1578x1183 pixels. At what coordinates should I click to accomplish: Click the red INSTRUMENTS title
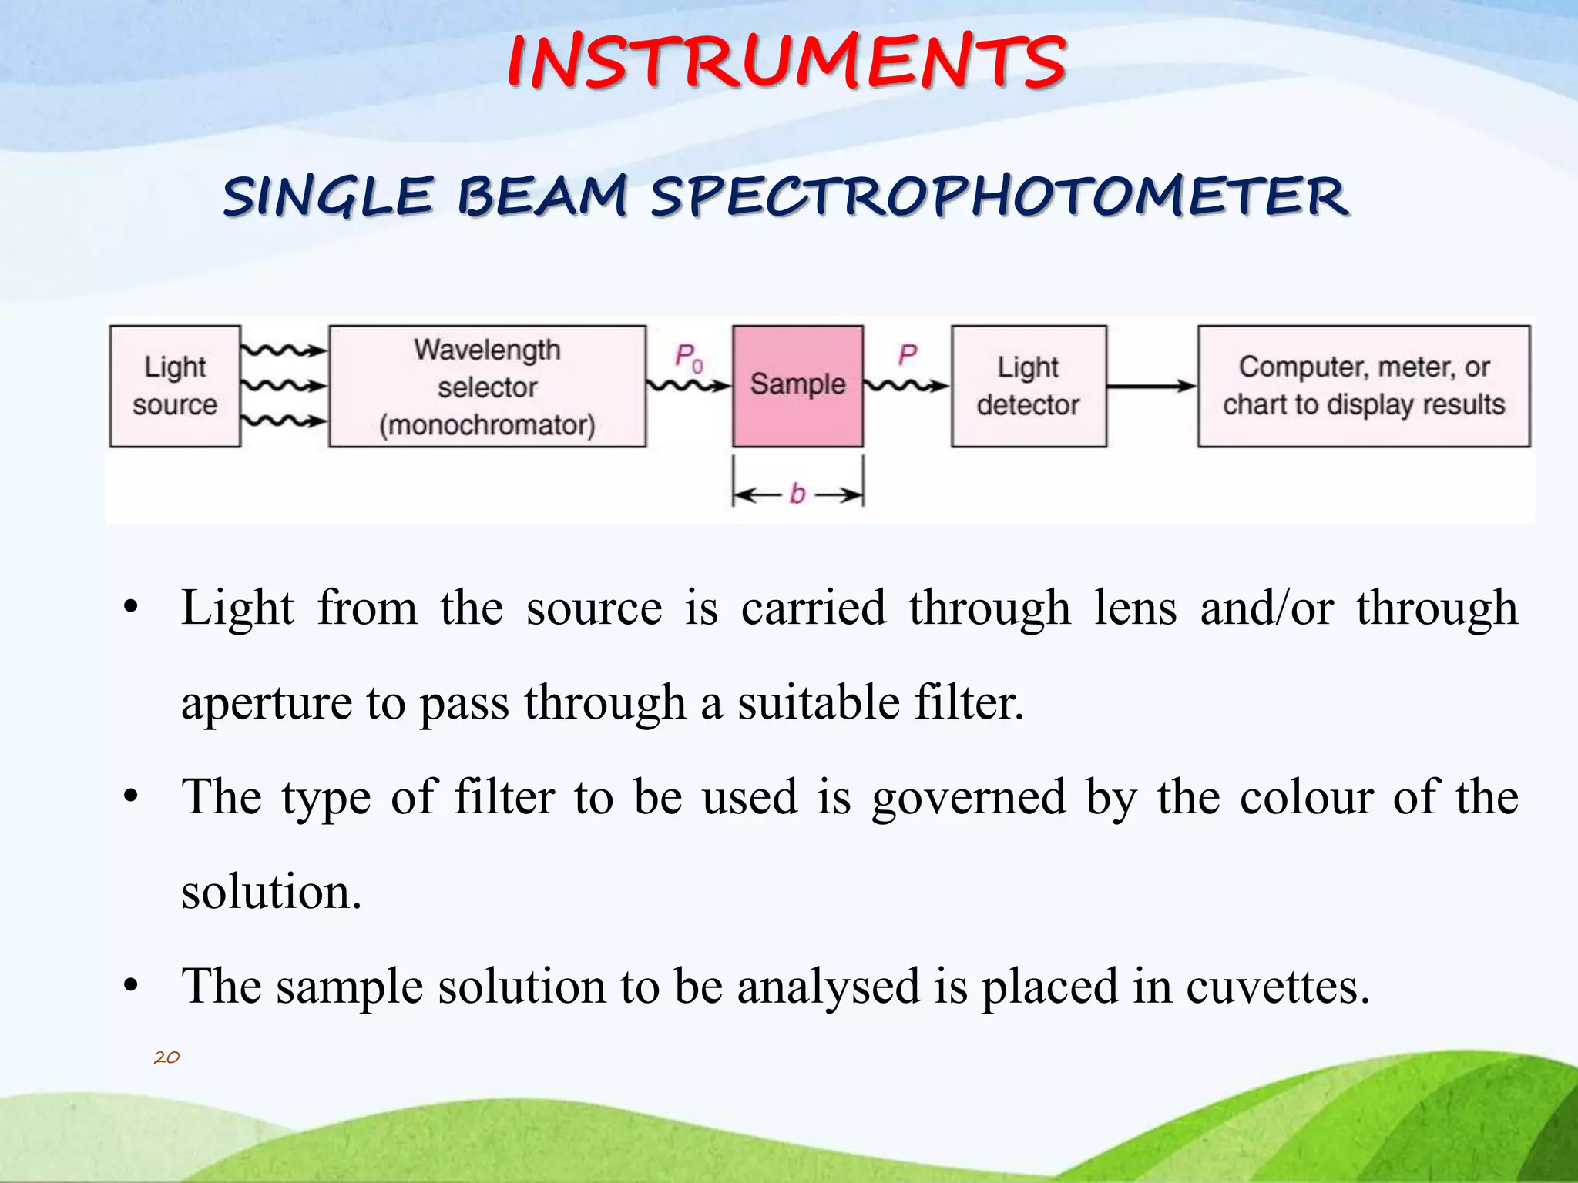click(786, 62)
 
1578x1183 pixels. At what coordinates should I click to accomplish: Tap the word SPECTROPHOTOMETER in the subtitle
click(999, 196)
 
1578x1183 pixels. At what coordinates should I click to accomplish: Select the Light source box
click(175, 386)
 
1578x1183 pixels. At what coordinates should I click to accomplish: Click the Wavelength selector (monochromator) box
click(487, 386)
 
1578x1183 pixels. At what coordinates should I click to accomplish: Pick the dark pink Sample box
click(797, 386)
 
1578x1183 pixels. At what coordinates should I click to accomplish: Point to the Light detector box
click(1029, 386)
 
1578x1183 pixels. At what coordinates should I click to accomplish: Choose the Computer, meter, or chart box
click(1363, 386)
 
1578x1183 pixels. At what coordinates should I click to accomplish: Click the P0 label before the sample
click(688, 357)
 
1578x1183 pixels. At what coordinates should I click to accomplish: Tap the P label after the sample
click(907, 355)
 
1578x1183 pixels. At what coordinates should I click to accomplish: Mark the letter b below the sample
click(797, 494)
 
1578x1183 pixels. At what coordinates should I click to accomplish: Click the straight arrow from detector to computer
click(1151, 386)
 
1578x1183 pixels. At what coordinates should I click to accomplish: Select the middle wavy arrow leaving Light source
click(284, 385)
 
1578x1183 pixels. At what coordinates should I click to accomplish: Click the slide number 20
click(166, 1057)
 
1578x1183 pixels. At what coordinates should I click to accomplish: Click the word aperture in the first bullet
click(266, 704)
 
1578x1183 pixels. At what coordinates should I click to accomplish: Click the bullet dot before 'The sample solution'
click(131, 987)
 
